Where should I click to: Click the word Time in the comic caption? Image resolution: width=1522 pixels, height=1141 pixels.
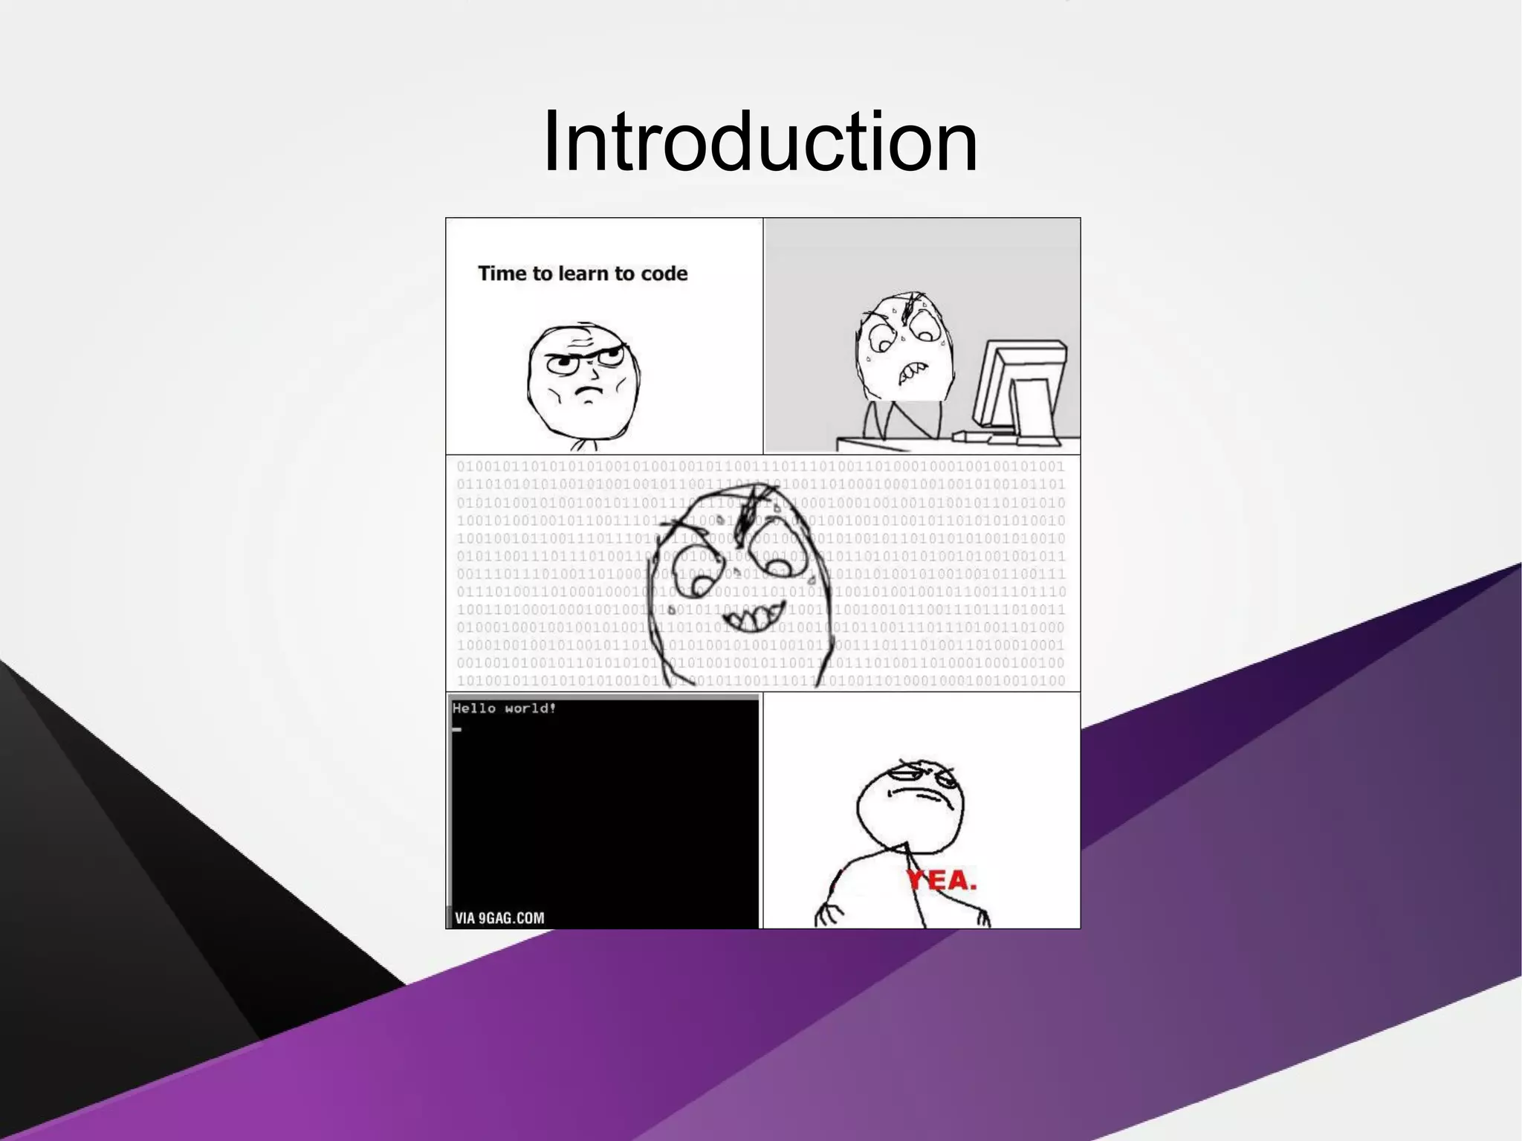tap(502, 274)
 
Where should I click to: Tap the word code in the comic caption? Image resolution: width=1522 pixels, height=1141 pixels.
tap(664, 274)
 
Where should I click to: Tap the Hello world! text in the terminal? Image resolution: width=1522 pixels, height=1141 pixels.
tap(504, 708)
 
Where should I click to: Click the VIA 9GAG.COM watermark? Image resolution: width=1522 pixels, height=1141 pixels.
tap(499, 918)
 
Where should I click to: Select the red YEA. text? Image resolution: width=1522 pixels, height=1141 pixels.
tap(942, 881)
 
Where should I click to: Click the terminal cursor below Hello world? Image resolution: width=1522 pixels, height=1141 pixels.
tap(457, 729)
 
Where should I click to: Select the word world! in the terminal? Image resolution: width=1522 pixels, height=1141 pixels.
tap(530, 708)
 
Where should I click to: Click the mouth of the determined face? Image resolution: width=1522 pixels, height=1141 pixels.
tap(589, 390)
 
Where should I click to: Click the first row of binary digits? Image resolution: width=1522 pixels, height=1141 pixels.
tap(760, 467)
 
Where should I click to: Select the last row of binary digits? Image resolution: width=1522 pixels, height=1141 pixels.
tap(760, 681)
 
